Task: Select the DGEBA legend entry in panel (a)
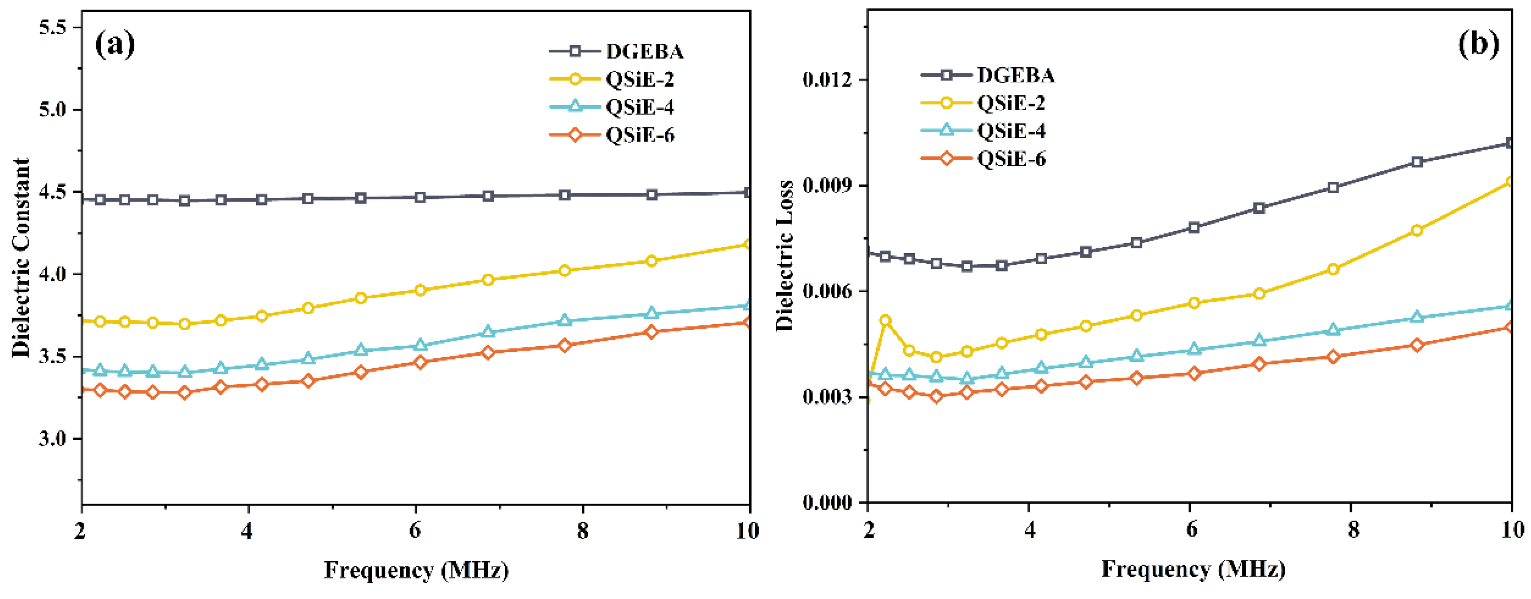(x=644, y=52)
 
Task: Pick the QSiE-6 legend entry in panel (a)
(x=640, y=135)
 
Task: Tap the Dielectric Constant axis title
(x=21, y=258)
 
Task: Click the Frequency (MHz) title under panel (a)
(x=416, y=571)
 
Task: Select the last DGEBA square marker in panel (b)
(x=1510, y=143)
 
